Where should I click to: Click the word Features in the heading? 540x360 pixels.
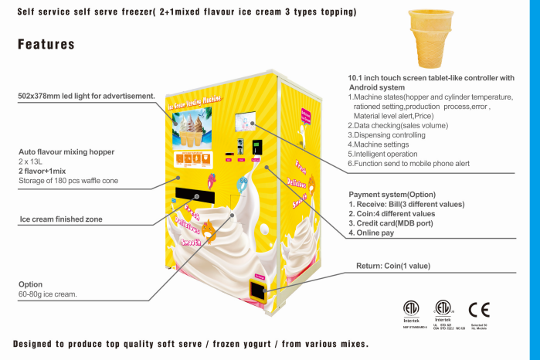tap(46, 45)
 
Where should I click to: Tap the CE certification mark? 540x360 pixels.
tap(479, 310)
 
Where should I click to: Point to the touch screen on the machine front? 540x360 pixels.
tap(246, 121)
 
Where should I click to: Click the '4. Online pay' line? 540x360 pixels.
tap(373, 233)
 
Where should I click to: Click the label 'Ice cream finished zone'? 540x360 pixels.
tap(61, 219)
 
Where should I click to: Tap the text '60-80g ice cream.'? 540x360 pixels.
tap(48, 294)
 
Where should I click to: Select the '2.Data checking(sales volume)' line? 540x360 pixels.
tap(398, 124)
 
